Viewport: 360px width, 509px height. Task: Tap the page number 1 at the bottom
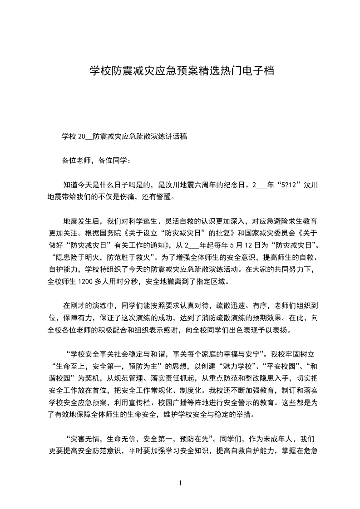tap(180, 483)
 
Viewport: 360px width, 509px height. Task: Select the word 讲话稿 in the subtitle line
tap(178, 136)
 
